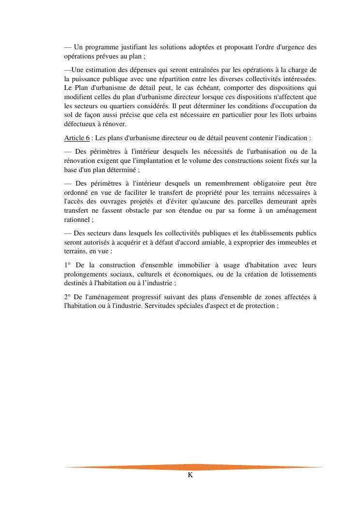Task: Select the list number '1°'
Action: coord(68,265)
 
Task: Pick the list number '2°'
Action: coord(68,297)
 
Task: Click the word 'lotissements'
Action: coord(297,274)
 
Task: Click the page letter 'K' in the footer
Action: coord(190,475)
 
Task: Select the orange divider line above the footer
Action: coord(193,467)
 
